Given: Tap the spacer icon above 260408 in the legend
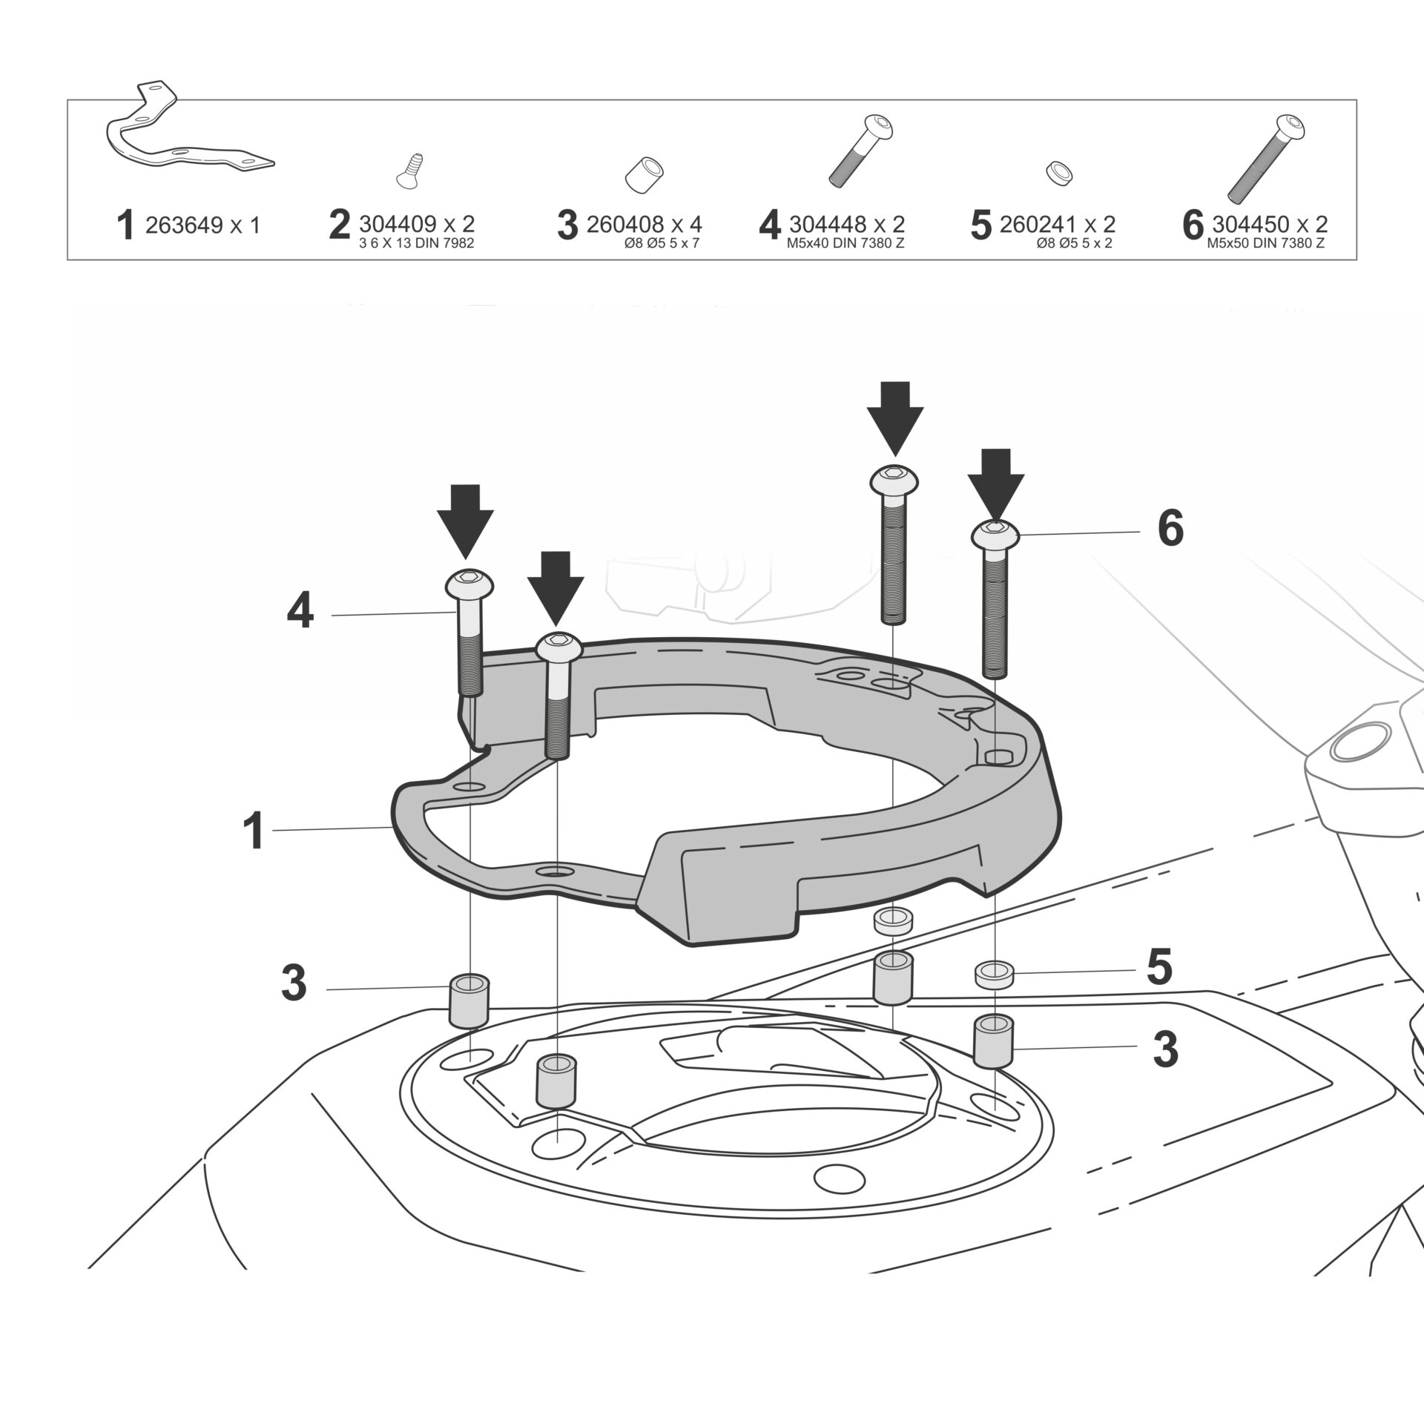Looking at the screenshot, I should pos(644,174).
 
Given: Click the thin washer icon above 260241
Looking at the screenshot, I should pos(1060,173).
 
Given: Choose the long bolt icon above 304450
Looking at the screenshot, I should pos(1266,158).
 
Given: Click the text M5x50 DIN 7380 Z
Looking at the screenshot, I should pos(1266,243).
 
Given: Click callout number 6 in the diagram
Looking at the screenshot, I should pos(1170,530).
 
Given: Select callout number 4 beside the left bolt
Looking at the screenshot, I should pos(300,613).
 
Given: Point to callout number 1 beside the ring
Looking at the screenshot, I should pos(254,831).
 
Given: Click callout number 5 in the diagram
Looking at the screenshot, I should pos(1159,968).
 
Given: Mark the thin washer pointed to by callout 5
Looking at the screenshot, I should pos(995,974).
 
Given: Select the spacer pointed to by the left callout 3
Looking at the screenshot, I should pos(469,1001).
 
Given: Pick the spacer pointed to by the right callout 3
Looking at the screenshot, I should pos(995,1041).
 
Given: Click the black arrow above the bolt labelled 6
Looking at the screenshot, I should pos(995,482).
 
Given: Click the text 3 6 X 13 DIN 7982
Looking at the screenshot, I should pos(416,243).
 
